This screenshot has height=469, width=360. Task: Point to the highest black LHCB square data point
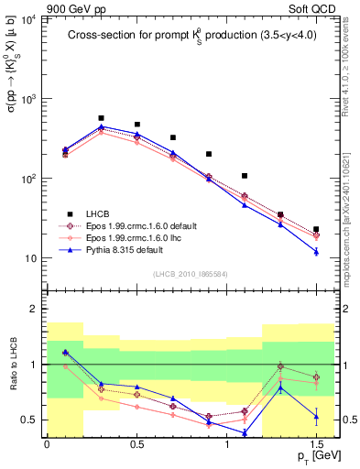pyautogui.click(x=101, y=118)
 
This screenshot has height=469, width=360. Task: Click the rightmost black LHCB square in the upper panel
pyautogui.click(x=316, y=229)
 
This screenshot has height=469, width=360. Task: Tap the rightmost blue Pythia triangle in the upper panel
pyautogui.click(x=316, y=251)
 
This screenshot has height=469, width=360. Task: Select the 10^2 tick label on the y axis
pyautogui.click(x=28, y=179)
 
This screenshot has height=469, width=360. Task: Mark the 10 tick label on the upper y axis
pyautogui.click(x=31, y=258)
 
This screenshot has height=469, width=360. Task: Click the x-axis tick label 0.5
pyautogui.click(x=136, y=445)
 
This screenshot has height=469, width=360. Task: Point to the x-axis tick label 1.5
pyautogui.click(x=316, y=445)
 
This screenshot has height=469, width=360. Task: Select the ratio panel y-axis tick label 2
pyautogui.click(x=35, y=310)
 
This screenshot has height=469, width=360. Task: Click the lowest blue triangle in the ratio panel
pyautogui.click(x=245, y=432)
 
